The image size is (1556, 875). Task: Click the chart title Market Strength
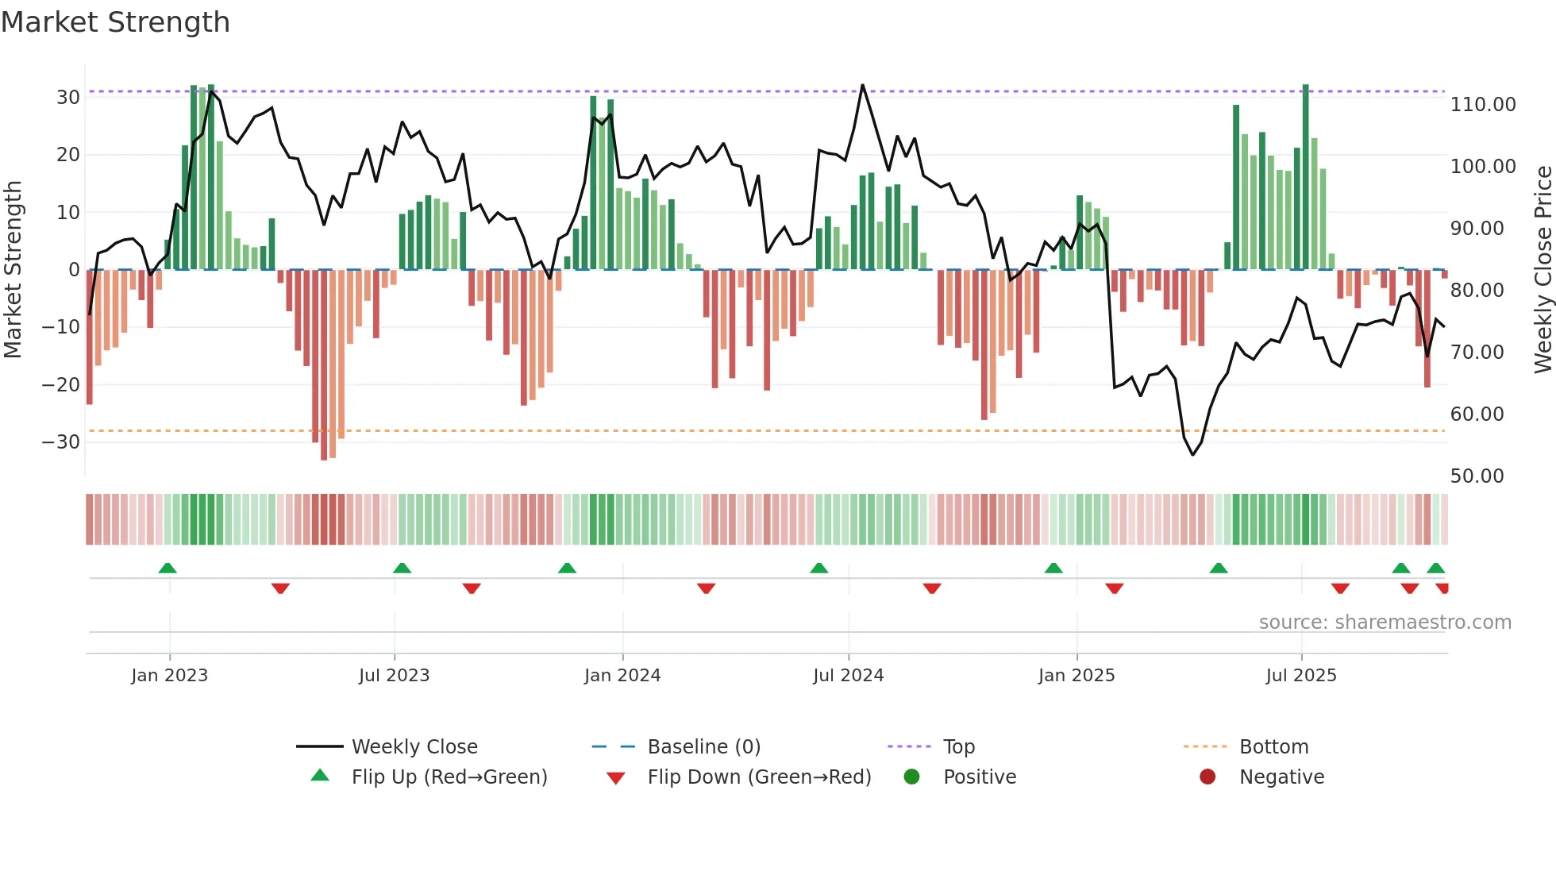pyautogui.click(x=116, y=22)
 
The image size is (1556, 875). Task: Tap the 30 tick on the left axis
pyautogui.click(x=68, y=98)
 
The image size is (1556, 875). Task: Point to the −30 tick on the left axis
pyautogui.click(x=61, y=442)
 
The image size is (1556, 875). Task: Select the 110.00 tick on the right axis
pyautogui.click(x=1483, y=105)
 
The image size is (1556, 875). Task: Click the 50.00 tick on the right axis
pyautogui.click(x=1477, y=476)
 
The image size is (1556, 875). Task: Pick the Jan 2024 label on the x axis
pyautogui.click(x=622, y=676)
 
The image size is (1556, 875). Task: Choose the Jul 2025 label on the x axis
pyautogui.click(x=1301, y=676)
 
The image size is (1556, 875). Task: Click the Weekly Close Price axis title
pyautogui.click(x=1543, y=270)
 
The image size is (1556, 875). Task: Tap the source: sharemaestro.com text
pyautogui.click(x=1385, y=623)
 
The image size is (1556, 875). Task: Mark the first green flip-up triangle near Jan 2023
pyautogui.click(x=168, y=569)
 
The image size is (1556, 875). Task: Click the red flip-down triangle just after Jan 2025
pyautogui.click(x=1114, y=588)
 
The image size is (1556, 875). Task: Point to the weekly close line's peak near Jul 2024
pyautogui.click(x=862, y=86)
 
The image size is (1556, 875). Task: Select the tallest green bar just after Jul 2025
pyautogui.click(x=1305, y=175)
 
